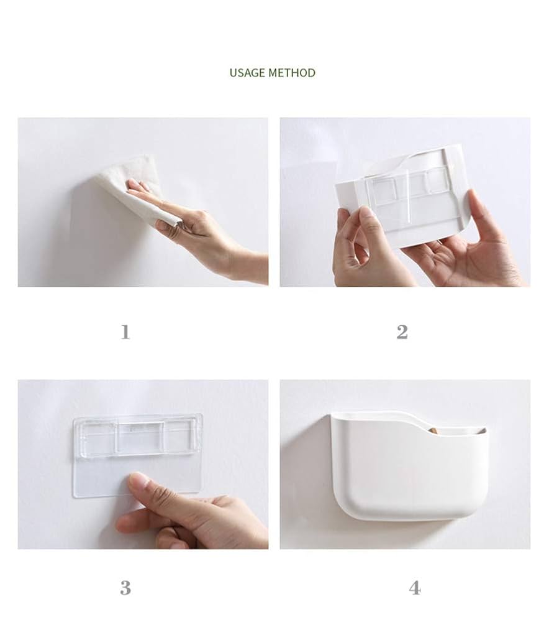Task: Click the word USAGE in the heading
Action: pos(247,73)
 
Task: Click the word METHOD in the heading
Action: pos(292,73)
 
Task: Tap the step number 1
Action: pos(125,332)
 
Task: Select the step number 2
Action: pos(402,332)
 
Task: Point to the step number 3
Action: pos(125,588)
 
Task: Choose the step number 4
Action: pos(415,588)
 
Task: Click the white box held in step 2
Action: pos(400,194)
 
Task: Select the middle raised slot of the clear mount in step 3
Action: pos(140,437)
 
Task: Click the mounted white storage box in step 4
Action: pos(408,466)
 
